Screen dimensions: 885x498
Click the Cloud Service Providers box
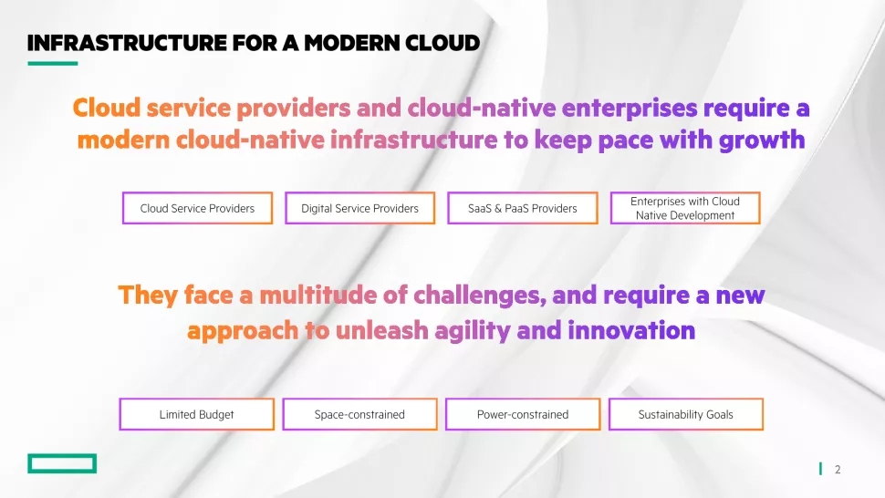pyautogui.click(x=198, y=208)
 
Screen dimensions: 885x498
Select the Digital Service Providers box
pyautogui.click(x=360, y=208)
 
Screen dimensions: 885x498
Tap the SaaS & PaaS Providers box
pyautogui.click(x=523, y=208)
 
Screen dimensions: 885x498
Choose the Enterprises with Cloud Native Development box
pyautogui.click(x=685, y=208)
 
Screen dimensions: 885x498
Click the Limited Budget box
pyautogui.click(x=196, y=414)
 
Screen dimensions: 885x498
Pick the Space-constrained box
pyautogui.click(x=359, y=414)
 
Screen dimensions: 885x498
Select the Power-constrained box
pyautogui.click(x=523, y=414)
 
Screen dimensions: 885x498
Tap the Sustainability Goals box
pyautogui.click(x=686, y=414)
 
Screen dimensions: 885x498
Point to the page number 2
pyautogui.click(x=838, y=469)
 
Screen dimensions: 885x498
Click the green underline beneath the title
pyautogui.click(x=53, y=63)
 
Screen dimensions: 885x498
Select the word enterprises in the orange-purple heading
pyautogui.click(x=630, y=109)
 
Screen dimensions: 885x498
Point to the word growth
pyautogui.click(x=762, y=140)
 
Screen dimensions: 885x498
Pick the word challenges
pyautogui.click(x=480, y=296)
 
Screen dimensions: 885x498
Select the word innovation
pyautogui.click(x=631, y=330)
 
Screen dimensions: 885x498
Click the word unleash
pyautogui.click(x=382, y=330)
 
